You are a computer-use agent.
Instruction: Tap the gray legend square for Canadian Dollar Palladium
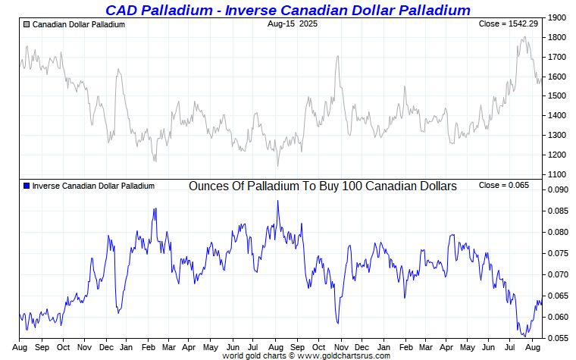tap(27, 25)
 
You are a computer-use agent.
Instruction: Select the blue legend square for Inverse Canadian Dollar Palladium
tap(27, 186)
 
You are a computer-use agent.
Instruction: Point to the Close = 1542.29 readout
tap(510, 24)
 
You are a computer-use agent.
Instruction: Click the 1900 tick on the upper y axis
tap(557, 17)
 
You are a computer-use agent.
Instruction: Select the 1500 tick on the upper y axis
tap(557, 96)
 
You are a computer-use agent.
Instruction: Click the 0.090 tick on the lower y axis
tap(559, 189)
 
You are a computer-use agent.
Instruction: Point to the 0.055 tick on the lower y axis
tap(559, 338)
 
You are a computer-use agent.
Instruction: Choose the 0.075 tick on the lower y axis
tap(559, 253)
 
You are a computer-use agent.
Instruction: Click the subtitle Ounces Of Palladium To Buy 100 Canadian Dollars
tap(322, 186)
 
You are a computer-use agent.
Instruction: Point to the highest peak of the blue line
tap(277, 201)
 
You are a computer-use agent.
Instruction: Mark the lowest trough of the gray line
tap(277, 165)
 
